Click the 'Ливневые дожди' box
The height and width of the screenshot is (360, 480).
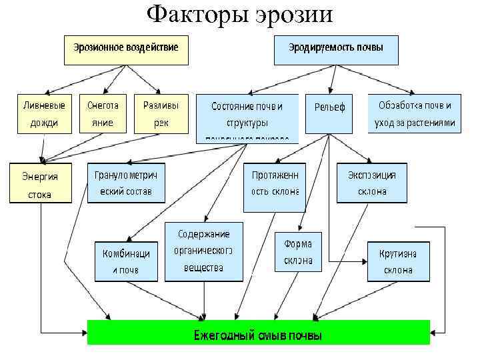click(45, 114)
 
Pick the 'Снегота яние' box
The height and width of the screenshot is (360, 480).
click(103, 114)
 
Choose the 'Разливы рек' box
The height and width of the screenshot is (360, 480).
click(161, 114)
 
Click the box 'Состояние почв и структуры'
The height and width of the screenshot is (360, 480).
click(247, 117)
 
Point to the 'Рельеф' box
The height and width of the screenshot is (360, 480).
click(329, 107)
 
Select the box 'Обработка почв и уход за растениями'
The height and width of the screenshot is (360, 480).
click(414, 114)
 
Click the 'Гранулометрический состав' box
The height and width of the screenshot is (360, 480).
click(126, 182)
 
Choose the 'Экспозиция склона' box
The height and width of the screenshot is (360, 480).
click(371, 183)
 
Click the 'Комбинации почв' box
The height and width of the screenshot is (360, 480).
click(125, 261)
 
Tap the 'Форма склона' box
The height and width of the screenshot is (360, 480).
click(298, 251)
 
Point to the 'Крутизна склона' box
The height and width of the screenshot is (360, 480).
click(398, 261)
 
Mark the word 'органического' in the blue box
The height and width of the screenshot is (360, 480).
click(203, 251)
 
